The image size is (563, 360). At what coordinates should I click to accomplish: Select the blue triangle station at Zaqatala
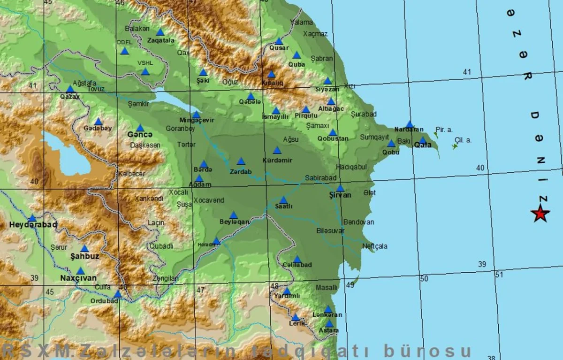[x=160, y=32]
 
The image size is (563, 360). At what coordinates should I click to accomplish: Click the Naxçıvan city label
[x=78, y=278]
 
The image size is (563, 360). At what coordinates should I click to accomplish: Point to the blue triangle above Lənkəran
[x=328, y=309]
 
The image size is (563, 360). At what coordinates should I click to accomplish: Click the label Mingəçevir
[x=197, y=120]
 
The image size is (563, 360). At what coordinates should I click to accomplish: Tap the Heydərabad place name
[x=33, y=225]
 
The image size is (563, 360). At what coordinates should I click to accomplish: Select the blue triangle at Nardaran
[x=410, y=124]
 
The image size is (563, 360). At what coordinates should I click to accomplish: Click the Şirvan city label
[x=340, y=195]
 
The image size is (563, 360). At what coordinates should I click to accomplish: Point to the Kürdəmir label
[x=277, y=160]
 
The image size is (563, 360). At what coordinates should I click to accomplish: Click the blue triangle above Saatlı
[x=283, y=200]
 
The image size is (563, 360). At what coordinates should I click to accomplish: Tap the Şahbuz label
[x=84, y=256]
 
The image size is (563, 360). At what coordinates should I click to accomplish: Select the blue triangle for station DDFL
[x=124, y=51]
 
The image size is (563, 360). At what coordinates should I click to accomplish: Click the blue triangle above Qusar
[x=279, y=41]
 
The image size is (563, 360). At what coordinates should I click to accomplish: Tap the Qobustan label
[x=333, y=139]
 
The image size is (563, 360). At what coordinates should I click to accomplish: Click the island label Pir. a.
[x=444, y=129]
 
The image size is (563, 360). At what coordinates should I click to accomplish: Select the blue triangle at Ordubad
[x=118, y=294]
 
